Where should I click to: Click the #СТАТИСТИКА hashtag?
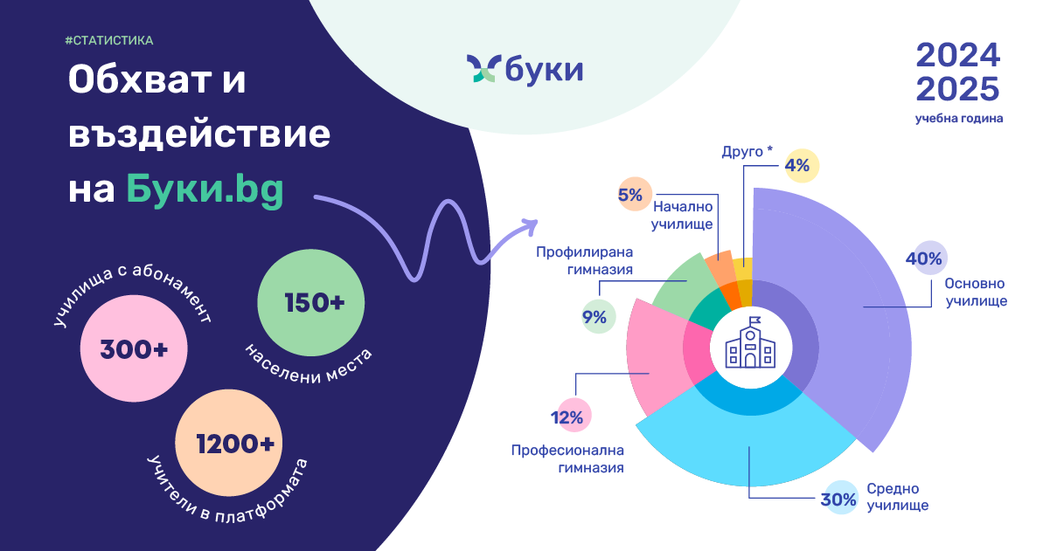109,41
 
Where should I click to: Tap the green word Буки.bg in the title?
205,189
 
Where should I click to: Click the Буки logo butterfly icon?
481,68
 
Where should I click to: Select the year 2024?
957,56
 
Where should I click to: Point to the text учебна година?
959,119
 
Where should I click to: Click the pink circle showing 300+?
134,348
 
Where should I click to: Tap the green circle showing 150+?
310,302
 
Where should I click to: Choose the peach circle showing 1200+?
229,443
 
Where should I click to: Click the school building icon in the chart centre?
750,342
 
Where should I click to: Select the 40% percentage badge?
930,258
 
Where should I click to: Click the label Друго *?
747,151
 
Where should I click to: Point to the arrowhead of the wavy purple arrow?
530,226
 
